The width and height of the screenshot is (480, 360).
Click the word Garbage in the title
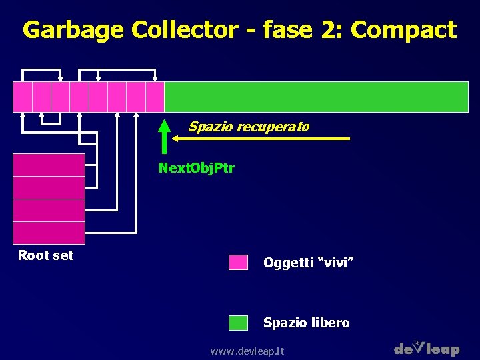[74, 30]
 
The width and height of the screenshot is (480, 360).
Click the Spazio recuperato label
[248, 127]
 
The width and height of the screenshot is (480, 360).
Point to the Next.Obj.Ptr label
[196, 168]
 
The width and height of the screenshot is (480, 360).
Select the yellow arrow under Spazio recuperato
[260, 139]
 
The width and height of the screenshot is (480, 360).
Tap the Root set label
[45, 255]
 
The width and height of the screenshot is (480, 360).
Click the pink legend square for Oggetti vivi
[238, 262]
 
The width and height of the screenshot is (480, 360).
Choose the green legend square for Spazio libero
[238, 323]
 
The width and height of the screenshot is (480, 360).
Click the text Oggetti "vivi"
[308, 263]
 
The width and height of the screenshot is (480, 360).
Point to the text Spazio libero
[306, 323]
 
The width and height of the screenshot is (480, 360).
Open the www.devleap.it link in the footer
[247, 351]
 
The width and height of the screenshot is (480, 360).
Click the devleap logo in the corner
[427, 348]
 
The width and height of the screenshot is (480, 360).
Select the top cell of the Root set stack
[49, 165]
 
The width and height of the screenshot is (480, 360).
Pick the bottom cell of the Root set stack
[49, 233]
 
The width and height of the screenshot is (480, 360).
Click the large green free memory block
[316, 97]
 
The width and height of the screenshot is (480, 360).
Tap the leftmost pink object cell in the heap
[23, 97]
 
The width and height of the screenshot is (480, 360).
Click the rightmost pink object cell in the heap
[155, 97]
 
